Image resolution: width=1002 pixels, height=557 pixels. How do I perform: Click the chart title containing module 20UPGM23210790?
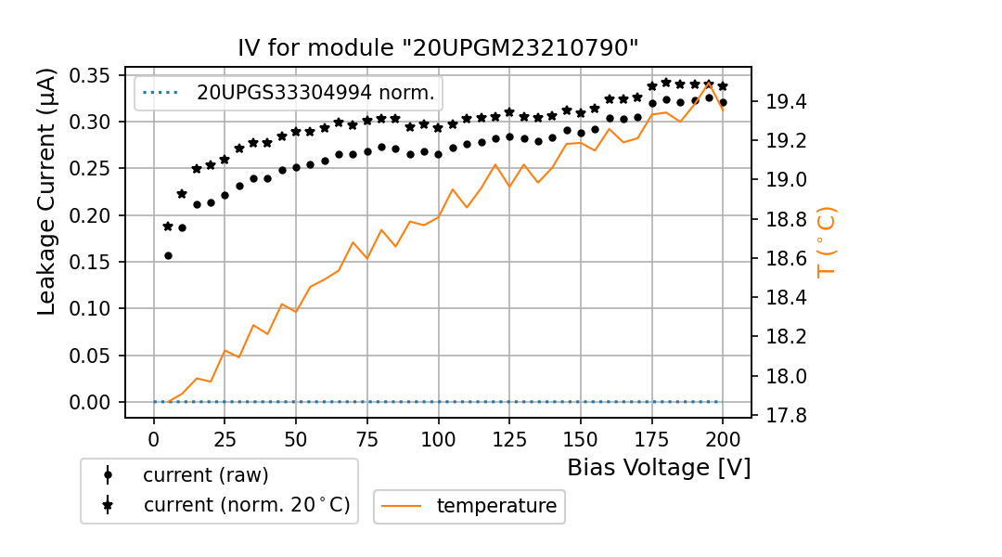click(x=438, y=48)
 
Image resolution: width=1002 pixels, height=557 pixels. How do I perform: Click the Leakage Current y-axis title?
click(x=47, y=191)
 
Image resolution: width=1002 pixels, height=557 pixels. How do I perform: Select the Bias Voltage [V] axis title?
click(x=659, y=468)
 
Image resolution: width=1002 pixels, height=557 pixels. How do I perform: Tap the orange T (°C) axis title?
click(x=827, y=243)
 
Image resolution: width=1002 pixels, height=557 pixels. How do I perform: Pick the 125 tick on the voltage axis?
click(x=509, y=437)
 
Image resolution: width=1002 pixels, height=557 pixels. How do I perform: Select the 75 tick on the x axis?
click(x=367, y=437)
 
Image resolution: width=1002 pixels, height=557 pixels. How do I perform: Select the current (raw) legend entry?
click(x=205, y=475)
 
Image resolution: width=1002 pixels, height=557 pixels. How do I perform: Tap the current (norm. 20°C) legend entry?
click(x=246, y=506)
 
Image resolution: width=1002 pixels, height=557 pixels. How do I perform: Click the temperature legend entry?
click(x=496, y=506)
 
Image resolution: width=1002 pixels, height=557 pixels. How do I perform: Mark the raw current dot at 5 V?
click(x=168, y=255)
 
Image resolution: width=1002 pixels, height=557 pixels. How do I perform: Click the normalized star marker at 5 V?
click(x=168, y=226)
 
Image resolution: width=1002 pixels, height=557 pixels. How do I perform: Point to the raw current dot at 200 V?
click(x=723, y=102)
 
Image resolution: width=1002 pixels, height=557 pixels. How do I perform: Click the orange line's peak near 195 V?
click(x=709, y=84)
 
